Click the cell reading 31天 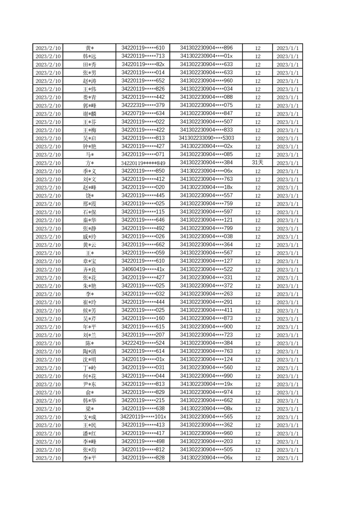pyautogui.click(x=257, y=163)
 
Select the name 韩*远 pyautogui.click(x=89, y=56)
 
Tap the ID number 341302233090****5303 pyautogui.click(x=206, y=138)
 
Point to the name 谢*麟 pyautogui.click(x=89, y=114)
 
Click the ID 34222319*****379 pyautogui.click(x=143, y=105)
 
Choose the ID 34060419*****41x pyautogui.click(x=143, y=269)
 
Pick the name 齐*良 pyautogui.click(x=89, y=269)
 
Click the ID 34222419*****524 pyautogui.click(x=143, y=343)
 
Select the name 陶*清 pyautogui.click(x=89, y=352)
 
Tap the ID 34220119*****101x pyautogui.click(x=143, y=417)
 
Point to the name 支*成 pyautogui.click(x=89, y=417)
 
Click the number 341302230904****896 pyautogui.click(x=206, y=48)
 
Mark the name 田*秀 pyautogui.click(x=89, y=64)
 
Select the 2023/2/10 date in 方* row pyautogui.click(x=48, y=163)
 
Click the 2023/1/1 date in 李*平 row pyautogui.click(x=287, y=458)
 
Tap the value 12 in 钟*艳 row pyautogui.click(x=257, y=147)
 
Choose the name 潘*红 pyautogui.click(x=89, y=434)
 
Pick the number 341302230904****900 pyautogui.click(x=206, y=327)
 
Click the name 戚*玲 pyautogui.click(x=89, y=237)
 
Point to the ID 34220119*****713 pyautogui.click(x=143, y=56)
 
